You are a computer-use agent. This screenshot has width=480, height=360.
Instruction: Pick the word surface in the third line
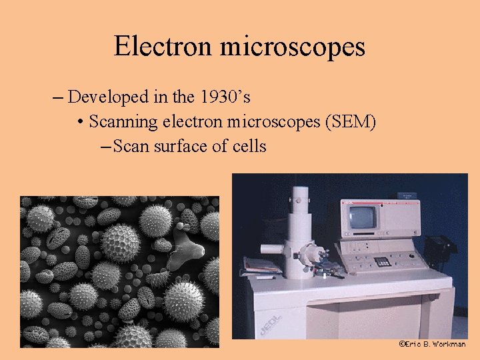(182, 146)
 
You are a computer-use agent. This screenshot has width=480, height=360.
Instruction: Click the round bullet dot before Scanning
(80, 123)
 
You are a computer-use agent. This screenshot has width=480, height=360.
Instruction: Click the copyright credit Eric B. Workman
(432, 344)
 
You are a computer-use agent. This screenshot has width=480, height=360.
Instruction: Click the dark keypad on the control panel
(381, 261)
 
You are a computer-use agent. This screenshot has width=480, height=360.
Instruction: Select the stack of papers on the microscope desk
(262, 265)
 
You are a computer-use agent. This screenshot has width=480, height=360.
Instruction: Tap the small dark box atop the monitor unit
(404, 195)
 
